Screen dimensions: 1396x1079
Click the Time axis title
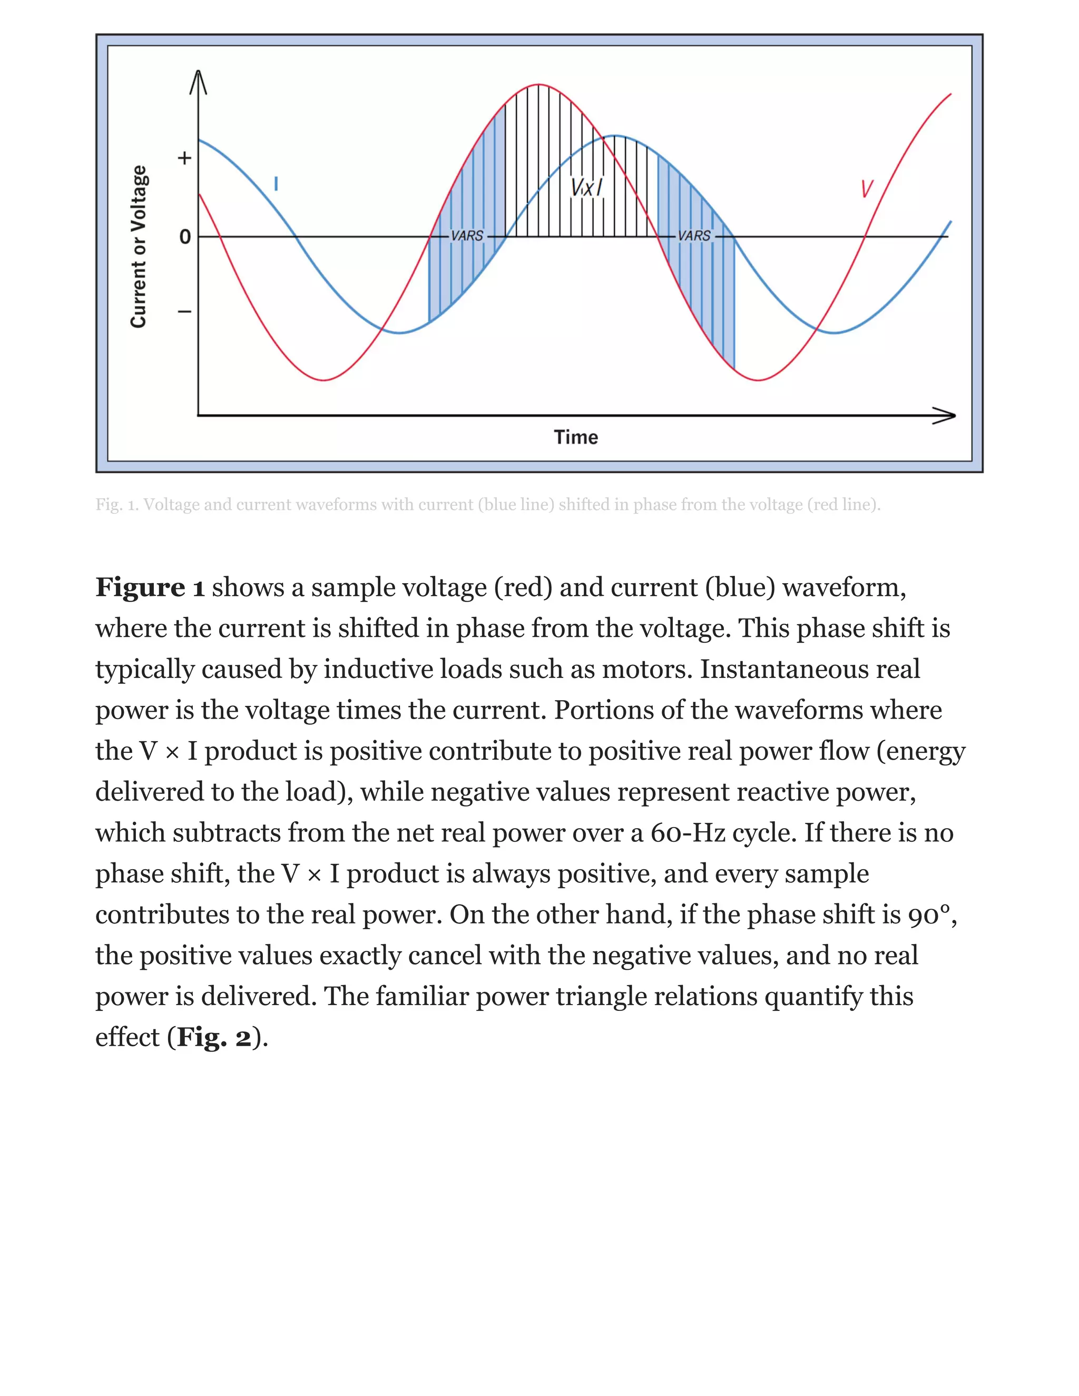pos(575,437)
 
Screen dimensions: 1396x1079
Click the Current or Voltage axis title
pos(139,247)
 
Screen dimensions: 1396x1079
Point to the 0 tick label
pos(185,237)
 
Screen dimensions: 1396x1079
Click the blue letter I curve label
pos(276,184)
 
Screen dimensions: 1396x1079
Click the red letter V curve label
pos(867,189)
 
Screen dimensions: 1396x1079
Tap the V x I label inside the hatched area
pos(586,188)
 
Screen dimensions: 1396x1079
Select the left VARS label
pos(467,236)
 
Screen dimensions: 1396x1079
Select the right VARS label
pos(694,236)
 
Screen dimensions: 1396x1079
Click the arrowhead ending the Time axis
pos(946,416)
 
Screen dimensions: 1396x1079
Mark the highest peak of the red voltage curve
pos(539,84)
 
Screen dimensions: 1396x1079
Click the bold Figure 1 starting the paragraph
pos(150,587)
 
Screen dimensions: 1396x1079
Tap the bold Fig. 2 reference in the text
pos(214,1037)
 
